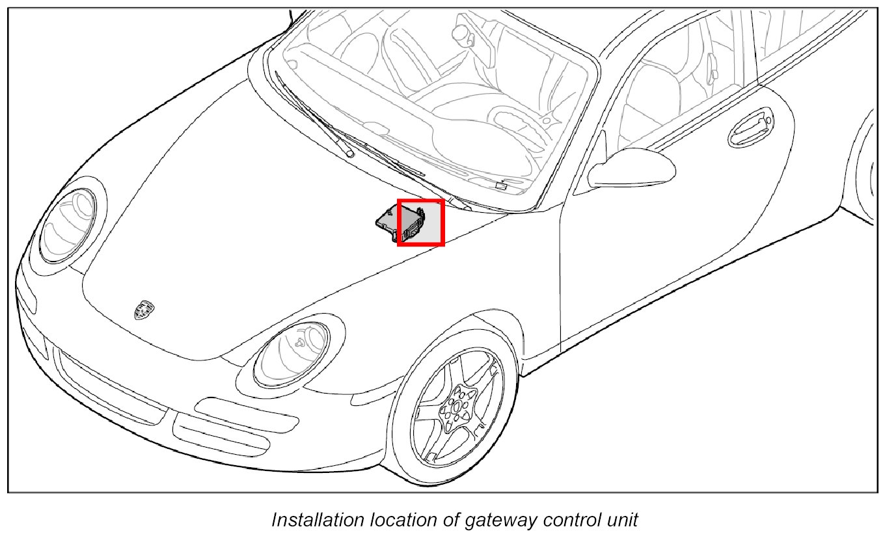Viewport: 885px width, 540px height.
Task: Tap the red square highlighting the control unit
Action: tap(420, 223)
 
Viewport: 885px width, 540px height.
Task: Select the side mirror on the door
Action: tap(634, 168)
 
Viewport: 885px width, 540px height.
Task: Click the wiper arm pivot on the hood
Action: tap(349, 154)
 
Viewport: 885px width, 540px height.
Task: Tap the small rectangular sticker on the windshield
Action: tap(501, 186)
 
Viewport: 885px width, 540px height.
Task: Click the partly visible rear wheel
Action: tap(869, 169)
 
